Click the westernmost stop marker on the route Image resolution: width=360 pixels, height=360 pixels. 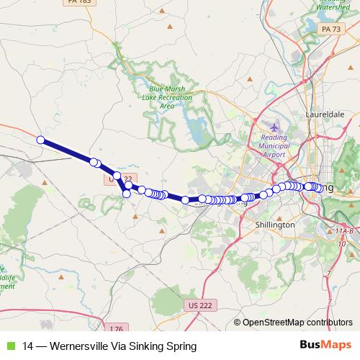[x=41, y=140]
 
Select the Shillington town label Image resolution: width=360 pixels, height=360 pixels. [x=275, y=225]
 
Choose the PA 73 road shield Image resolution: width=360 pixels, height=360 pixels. [x=331, y=29]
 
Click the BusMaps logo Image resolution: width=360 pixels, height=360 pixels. [x=321, y=346]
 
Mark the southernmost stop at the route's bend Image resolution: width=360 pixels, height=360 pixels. [x=127, y=193]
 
